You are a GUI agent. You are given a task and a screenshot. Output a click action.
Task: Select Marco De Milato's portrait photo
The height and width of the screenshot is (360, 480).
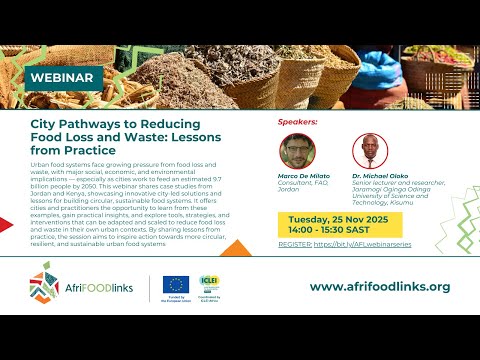(297, 150)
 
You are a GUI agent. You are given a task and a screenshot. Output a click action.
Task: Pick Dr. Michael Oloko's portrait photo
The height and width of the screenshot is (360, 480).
(369, 150)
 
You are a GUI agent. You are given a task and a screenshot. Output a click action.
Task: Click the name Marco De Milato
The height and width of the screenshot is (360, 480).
(304, 176)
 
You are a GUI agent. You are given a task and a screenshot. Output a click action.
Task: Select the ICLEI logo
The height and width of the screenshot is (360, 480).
(209, 282)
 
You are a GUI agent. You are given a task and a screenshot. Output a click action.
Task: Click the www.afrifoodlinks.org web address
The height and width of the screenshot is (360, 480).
(380, 287)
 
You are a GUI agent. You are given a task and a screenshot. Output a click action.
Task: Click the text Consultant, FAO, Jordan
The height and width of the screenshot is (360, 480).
(298, 186)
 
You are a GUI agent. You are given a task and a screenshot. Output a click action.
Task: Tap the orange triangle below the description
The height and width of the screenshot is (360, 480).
(232, 247)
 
